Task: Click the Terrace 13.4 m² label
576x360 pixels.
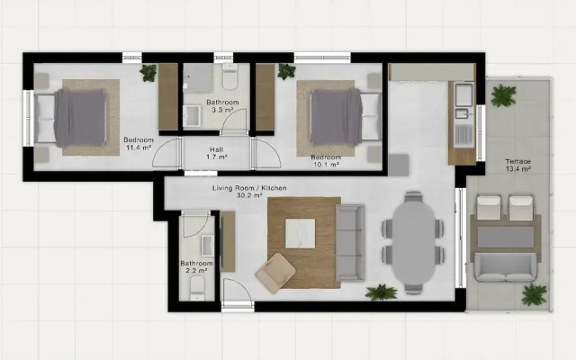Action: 518,166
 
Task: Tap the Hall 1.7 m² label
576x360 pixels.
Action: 217,153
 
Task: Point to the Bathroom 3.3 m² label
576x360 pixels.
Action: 222,106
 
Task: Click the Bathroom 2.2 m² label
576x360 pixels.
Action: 196,267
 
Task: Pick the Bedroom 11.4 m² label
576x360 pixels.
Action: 139,144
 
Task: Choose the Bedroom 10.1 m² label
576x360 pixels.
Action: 326,161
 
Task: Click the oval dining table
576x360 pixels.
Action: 413,242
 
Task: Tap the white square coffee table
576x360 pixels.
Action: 300,233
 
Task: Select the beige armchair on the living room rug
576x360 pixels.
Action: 275,273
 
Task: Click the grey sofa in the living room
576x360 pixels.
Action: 350,243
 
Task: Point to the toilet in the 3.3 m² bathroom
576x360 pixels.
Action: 230,76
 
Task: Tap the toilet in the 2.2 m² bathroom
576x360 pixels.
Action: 197,288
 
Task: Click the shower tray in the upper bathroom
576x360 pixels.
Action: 198,78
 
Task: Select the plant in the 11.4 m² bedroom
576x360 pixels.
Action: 148,73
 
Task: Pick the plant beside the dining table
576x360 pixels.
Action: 382,292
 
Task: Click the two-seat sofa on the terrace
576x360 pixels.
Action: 506,267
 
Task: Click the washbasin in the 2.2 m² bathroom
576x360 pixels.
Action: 208,246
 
